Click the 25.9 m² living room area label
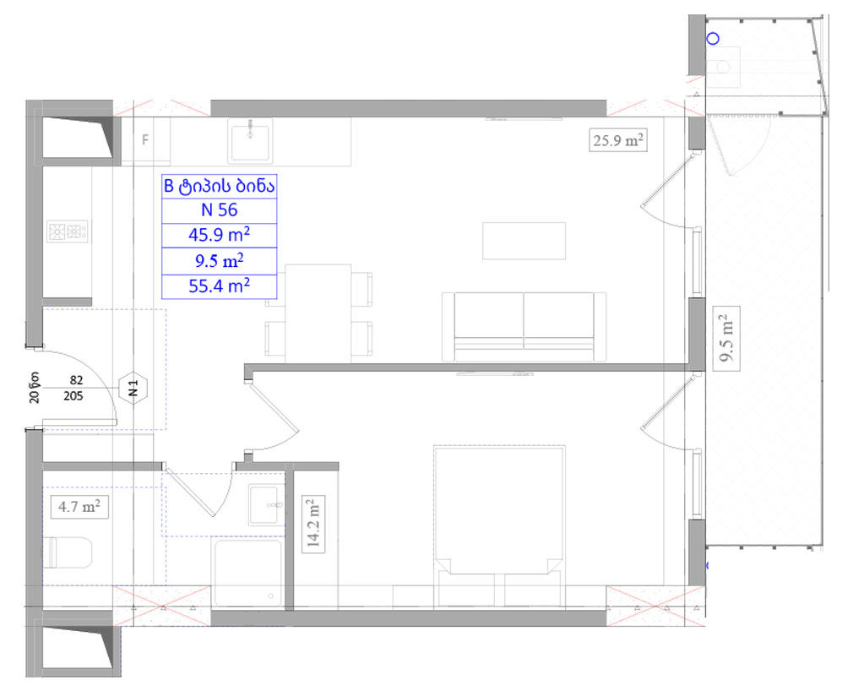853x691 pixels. click(x=618, y=140)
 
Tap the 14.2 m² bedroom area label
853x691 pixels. click(x=314, y=524)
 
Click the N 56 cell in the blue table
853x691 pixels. click(x=219, y=210)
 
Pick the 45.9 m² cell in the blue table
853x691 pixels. click(x=219, y=234)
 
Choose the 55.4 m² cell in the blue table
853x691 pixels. click(x=219, y=286)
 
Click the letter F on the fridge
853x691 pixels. click(x=145, y=139)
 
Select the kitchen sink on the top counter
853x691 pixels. click(x=249, y=140)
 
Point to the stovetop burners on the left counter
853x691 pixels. click(x=68, y=231)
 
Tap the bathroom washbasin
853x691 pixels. click(x=266, y=505)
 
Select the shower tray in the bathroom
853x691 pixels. click(x=247, y=573)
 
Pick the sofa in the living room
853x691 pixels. click(x=524, y=325)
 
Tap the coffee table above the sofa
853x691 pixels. click(x=524, y=240)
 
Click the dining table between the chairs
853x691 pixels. click(x=318, y=313)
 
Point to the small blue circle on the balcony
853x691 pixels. click(x=712, y=39)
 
